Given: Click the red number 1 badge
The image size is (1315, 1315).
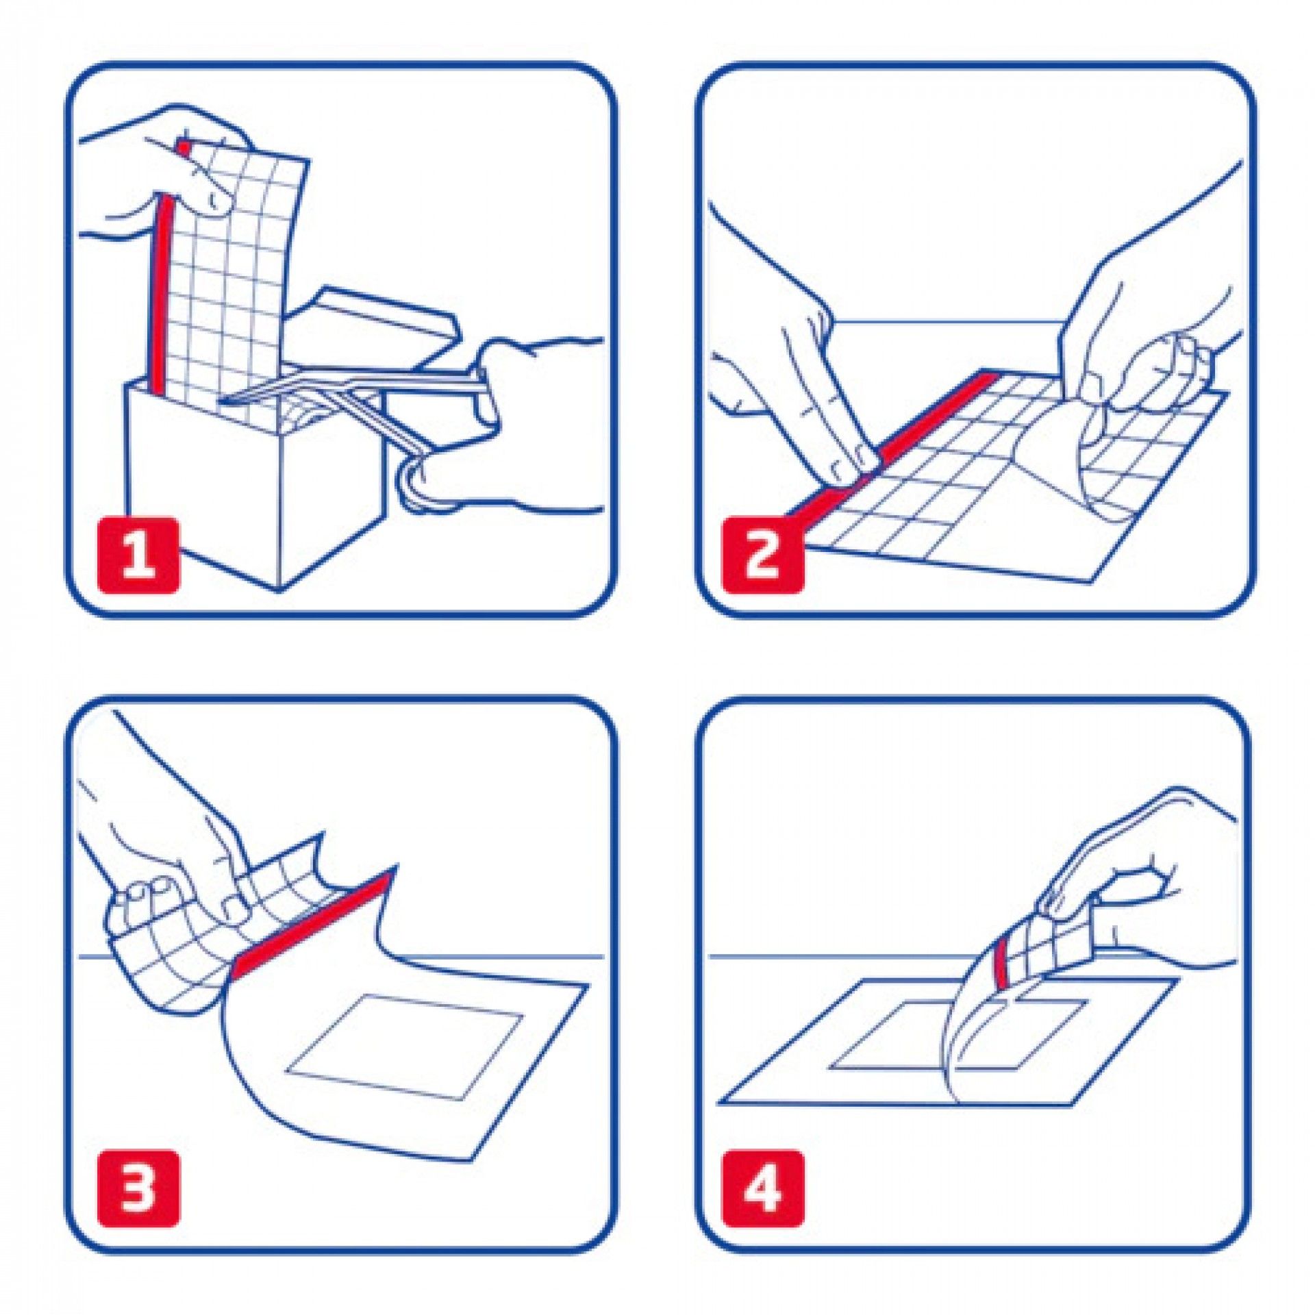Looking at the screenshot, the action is pyautogui.click(x=138, y=555).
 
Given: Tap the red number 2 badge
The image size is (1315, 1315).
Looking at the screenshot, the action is pyautogui.click(x=762, y=555).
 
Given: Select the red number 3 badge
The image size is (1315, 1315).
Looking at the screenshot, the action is pyautogui.click(x=138, y=1188).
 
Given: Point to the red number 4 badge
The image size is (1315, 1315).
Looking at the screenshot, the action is pyautogui.click(x=762, y=1188).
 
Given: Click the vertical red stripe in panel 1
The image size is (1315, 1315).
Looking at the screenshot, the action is pyautogui.click(x=160, y=295).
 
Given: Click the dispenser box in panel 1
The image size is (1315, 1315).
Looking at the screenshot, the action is pyautogui.click(x=253, y=479).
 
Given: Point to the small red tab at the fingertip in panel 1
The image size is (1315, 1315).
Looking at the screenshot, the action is pyautogui.click(x=184, y=147).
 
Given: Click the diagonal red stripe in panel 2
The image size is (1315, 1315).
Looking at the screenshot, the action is pyautogui.click(x=890, y=453).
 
